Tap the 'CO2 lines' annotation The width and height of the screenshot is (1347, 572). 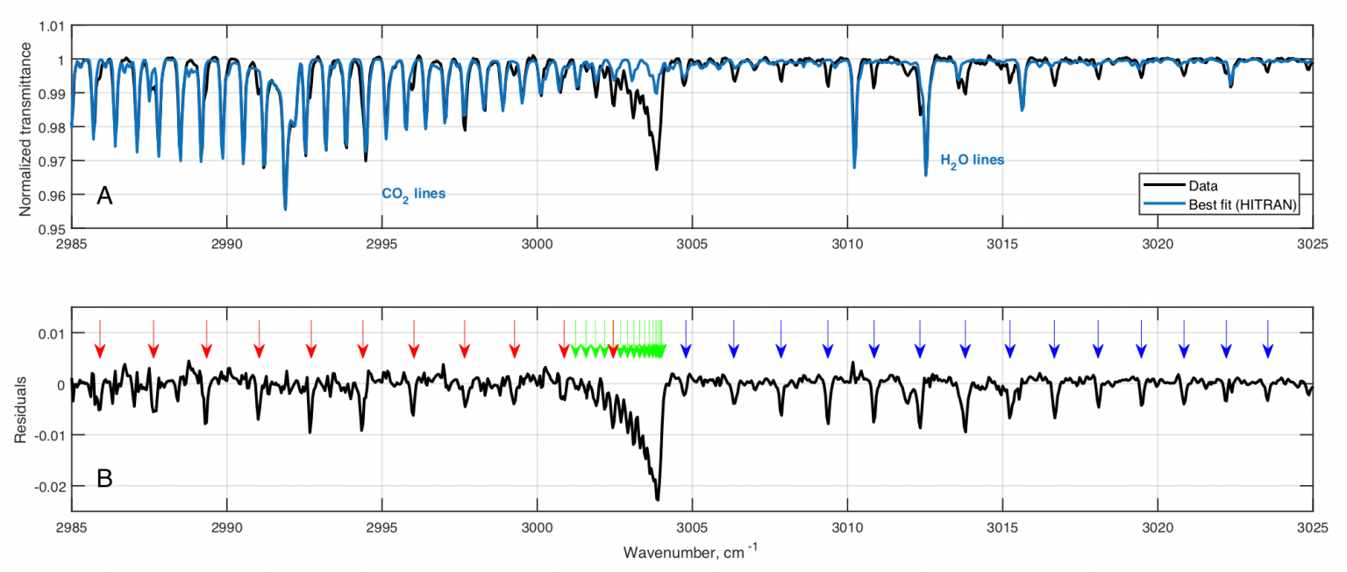413,194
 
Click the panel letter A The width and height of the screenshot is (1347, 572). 104,197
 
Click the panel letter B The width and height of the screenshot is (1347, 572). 104,479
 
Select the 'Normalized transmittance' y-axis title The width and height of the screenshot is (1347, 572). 25,128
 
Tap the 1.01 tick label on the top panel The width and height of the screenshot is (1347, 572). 50,26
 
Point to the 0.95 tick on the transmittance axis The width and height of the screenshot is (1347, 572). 50,229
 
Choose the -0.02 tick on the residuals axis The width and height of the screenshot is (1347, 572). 48,486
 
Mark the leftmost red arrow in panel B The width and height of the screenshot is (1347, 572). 100,339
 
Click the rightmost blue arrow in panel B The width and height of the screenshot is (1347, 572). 1267,339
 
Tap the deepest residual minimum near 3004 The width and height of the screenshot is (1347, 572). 658,499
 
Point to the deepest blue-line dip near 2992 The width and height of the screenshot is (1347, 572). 285,209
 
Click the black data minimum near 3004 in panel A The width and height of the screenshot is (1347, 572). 656,168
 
